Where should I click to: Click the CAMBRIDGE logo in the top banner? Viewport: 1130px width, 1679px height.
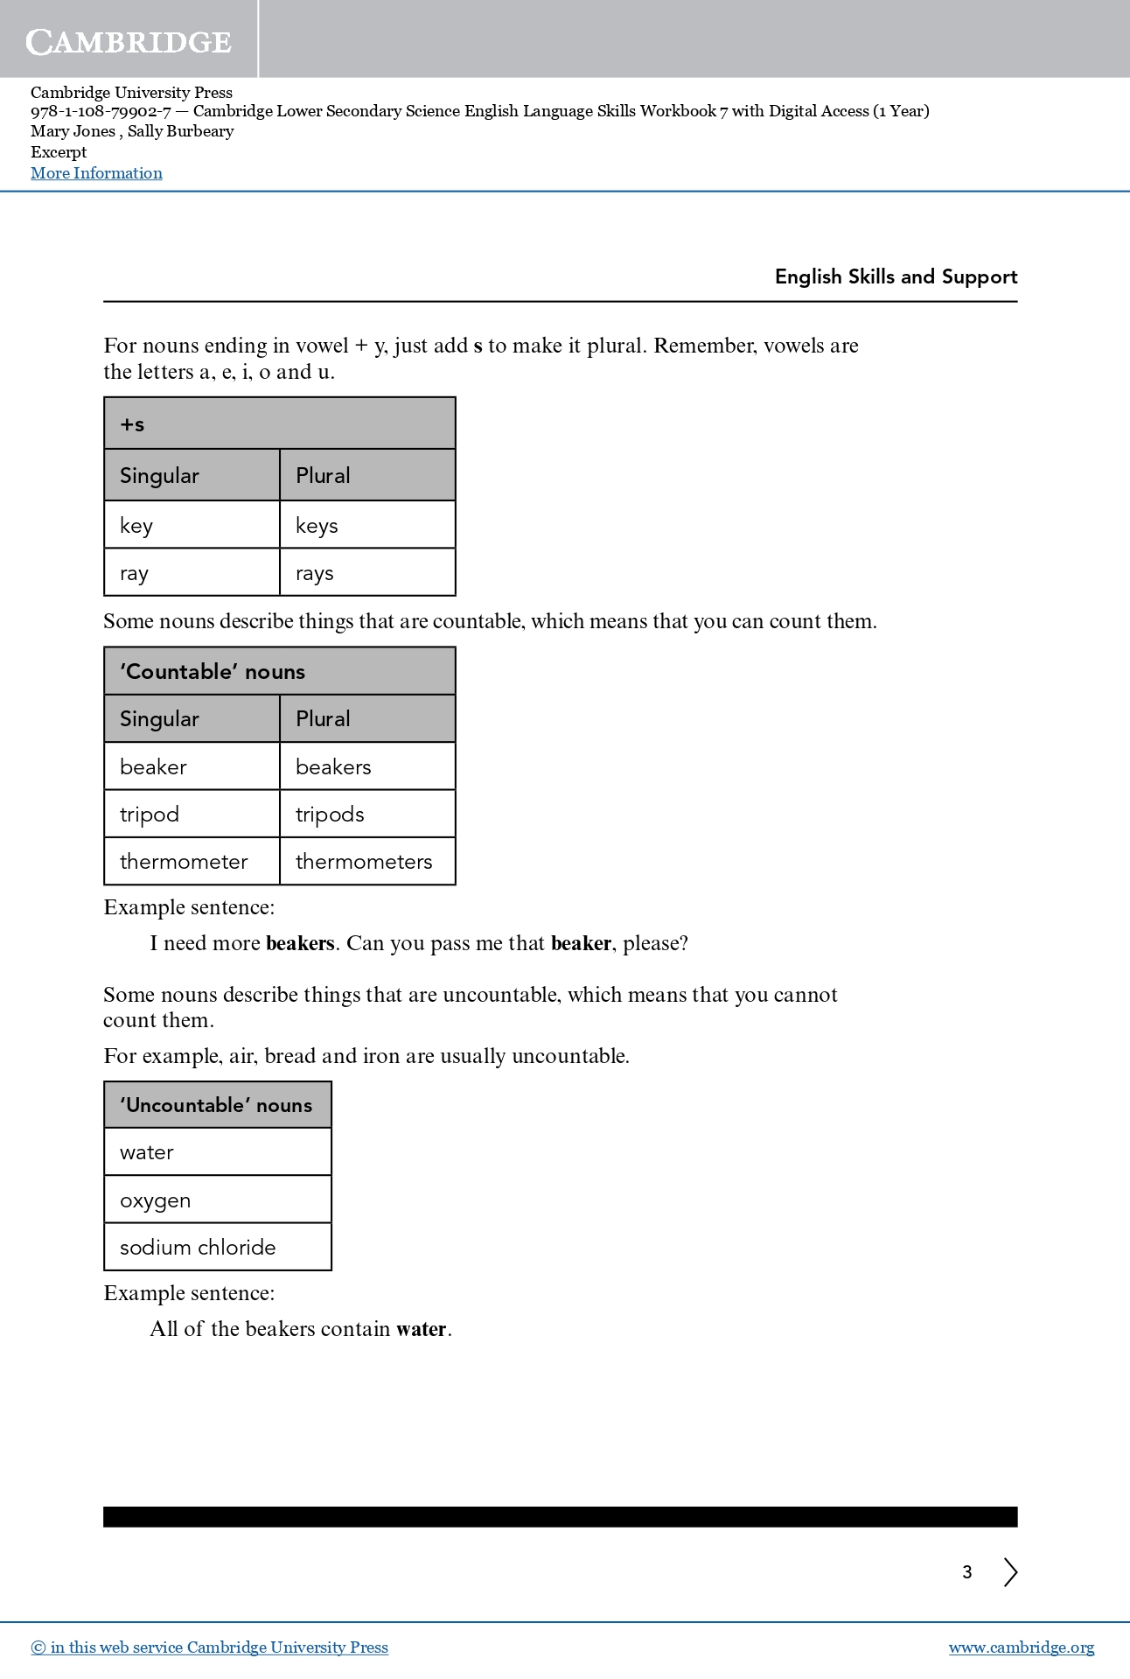click(x=129, y=41)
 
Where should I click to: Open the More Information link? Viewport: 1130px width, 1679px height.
click(x=96, y=173)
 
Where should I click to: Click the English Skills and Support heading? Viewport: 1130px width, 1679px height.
click(x=896, y=276)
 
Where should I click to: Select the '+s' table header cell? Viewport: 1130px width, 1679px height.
click(x=279, y=424)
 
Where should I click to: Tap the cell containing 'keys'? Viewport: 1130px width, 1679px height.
click(x=366, y=525)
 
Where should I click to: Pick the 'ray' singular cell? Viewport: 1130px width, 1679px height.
click(x=192, y=573)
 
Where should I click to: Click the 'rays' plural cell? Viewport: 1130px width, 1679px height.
click(x=366, y=573)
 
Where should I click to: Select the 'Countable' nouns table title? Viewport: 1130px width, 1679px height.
click(x=279, y=671)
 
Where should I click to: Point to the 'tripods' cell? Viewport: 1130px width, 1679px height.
click(x=366, y=814)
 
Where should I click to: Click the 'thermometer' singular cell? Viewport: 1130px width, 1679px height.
click(x=192, y=862)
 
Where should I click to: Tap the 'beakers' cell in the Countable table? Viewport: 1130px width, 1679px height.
click(x=366, y=766)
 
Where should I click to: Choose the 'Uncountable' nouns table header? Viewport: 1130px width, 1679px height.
click(x=217, y=1105)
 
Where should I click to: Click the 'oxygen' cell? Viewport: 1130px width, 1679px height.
click(x=217, y=1200)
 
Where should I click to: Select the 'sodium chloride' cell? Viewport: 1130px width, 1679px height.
click(x=217, y=1247)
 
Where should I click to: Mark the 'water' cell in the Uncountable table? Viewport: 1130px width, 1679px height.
click(x=217, y=1152)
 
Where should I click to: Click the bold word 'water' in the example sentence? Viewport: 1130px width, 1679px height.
click(x=422, y=1329)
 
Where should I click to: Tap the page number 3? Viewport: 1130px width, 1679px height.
click(x=967, y=1572)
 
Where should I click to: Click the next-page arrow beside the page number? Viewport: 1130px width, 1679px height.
click(x=1010, y=1572)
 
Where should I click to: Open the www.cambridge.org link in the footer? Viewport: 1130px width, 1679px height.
click(x=1021, y=1648)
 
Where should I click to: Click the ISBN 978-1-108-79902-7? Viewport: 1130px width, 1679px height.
click(x=101, y=111)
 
